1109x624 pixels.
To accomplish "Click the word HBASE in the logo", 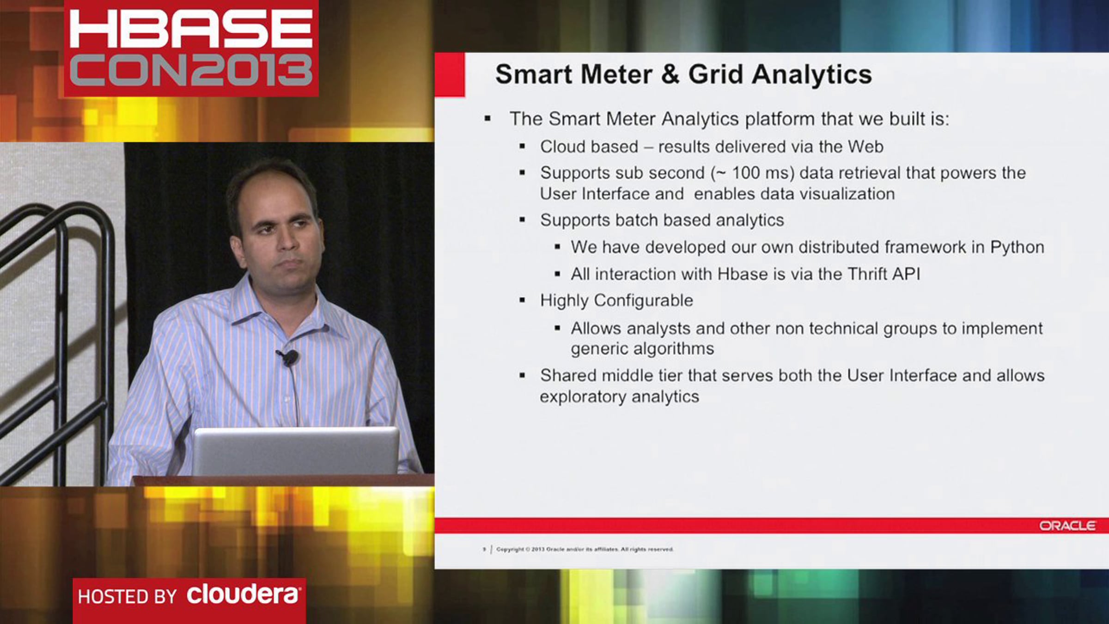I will pos(191,29).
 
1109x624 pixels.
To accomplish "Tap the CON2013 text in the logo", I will pos(191,70).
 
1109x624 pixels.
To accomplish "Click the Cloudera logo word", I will pos(243,594).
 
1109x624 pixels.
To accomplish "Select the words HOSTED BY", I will pos(127,597).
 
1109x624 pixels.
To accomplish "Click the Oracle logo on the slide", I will pos(1067,526).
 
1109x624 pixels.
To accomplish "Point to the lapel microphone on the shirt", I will pos(290,357).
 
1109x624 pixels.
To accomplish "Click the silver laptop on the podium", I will pos(296,451).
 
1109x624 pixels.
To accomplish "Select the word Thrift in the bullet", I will pos(868,274).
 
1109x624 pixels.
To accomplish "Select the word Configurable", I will pos(643,301).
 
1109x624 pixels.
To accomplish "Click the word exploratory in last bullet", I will pos(583,397).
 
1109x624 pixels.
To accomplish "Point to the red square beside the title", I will pos(450,74).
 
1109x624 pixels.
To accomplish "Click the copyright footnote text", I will pos(585,549).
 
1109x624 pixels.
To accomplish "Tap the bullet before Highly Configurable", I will pos(523,300).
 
